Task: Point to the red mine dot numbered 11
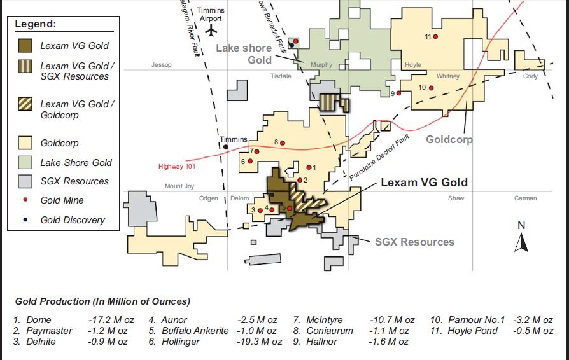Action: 435,36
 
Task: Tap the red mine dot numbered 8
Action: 283,142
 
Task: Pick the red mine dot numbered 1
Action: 308,167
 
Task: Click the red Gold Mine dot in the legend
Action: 26,200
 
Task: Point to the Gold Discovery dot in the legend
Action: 26,220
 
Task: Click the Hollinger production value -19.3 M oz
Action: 259,342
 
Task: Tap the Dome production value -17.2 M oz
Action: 108,320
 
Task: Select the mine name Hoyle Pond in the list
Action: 472,331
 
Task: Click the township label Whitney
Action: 448,76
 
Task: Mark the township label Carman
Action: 526,198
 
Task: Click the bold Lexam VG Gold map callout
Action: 424,183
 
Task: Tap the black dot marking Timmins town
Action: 226,147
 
